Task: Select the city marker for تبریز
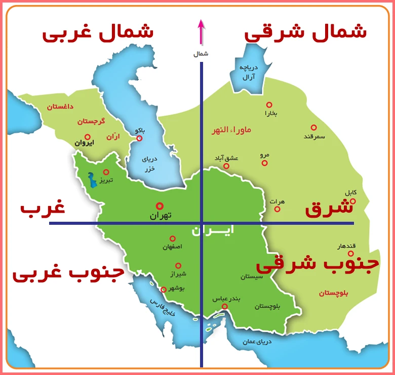pyautogui.click(x=106, y=172)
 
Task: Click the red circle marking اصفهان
pyautogui.click(x=173, y=238)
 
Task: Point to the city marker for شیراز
pyautogui.click(x=178, y=265)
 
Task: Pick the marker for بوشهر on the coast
pyautogui.click(x=163, y=290)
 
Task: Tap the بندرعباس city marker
pyautogui.click(x=224, y=306)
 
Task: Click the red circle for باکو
pyautogui.click(x=139, y=138)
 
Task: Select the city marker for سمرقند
pyautogui.click(x=313, y=127)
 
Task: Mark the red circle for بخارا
pyautogui.click(x=269, y=105)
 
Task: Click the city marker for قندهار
pyautogui.click(x=350, y=253)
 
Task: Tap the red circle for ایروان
pyautogui.click(x=88, y=137)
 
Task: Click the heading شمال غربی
pyautogui.click(x=97, y=33)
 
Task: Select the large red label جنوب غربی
pyautogui.click(x=68, y=274)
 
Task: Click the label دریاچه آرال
pyautogui.click(x=249, y=72)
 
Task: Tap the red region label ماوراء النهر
pyautogui.click(x=231, y=130)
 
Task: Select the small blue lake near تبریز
pyautogui.click(x=92, y=180)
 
